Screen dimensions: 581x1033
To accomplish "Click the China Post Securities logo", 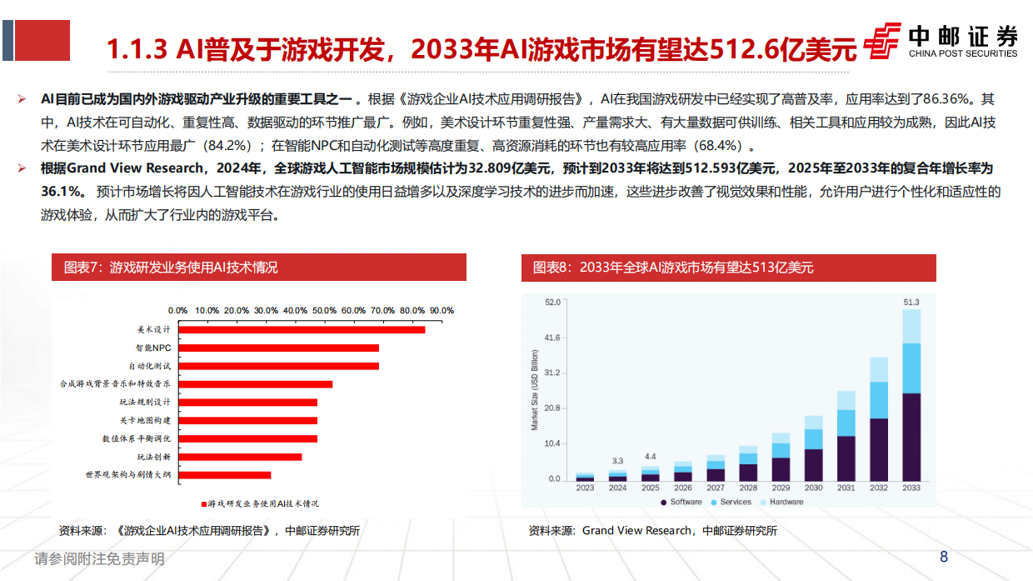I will click(941, 41).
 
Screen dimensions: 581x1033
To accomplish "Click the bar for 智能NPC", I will click(278, 348).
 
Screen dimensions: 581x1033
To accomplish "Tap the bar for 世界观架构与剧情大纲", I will click(224, 474).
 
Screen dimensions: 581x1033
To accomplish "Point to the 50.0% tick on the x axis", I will click(324, 310).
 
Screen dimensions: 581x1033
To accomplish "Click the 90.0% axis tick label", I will click(442, 310).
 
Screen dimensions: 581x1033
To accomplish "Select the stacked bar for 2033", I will click(911, 395).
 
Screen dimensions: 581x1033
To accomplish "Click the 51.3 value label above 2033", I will click(911, 302).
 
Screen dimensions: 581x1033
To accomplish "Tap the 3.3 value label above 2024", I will click(617, 461).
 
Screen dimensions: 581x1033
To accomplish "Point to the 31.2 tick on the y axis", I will click(551, 373).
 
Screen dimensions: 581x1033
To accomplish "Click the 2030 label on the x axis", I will click(814, 488).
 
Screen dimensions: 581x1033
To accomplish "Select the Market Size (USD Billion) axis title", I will click(534, 390).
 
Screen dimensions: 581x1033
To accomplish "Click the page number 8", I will click(944, 557).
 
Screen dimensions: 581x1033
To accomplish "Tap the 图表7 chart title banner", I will click(258, 268).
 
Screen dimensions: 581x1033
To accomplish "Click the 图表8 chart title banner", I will click(728, 268).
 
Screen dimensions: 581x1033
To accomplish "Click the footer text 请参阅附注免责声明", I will click(99, 558).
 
